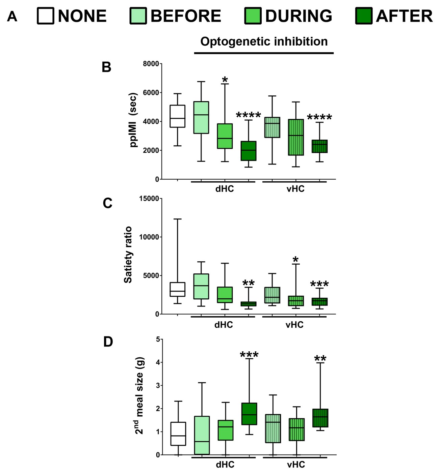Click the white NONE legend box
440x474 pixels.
[x=46, y=16]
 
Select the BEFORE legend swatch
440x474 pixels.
[x=138, y=16]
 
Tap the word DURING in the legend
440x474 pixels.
[x=299, y=16]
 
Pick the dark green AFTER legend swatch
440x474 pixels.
[x=364, y=16]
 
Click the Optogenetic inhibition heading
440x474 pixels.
[x=264, y=41]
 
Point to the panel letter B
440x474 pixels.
[x=106, y=67]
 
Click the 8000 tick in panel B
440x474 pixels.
[x=151, y=64]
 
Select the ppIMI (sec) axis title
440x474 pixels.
[x=133, y=120]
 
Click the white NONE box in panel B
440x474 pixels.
[x=177, y=116]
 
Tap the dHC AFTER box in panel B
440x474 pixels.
[x=249, y=151]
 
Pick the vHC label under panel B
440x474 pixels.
[x=295, y=189]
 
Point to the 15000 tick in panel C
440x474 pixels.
[x=149, y=199]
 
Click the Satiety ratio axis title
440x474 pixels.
[x=128, y=255]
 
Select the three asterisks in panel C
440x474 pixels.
[x=319, y=284]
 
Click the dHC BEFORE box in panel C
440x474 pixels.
[x=201, y=286]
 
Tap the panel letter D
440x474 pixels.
[x=108, y=342]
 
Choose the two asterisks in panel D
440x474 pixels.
[x=320, y=359]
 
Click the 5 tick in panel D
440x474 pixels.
[x=158, y=339]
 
